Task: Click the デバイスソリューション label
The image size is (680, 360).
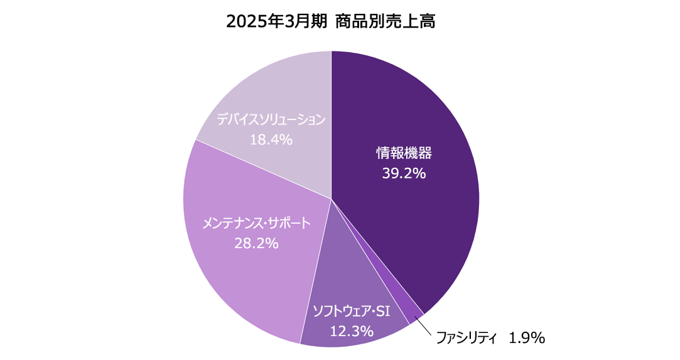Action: [271, 119]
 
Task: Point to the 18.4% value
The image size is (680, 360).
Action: [271, 139]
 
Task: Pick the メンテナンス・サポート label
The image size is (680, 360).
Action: [256, 223]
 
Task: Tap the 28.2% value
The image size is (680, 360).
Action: [256, 243]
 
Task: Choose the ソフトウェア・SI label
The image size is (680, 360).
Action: [352, 310]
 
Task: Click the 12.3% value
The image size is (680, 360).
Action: [352, 330]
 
